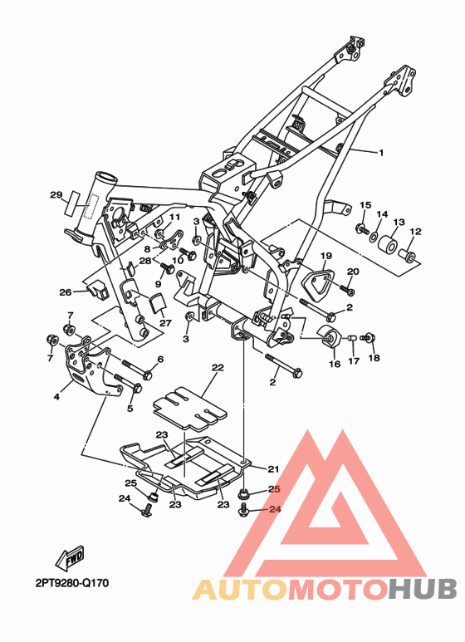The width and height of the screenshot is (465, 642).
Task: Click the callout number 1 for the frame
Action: click(x=381, y=153)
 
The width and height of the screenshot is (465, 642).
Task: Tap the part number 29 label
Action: click(x=56, y=195)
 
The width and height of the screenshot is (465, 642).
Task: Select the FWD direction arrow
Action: click(x=71, y=558)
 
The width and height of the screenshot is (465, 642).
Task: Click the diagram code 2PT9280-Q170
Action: click(x=72, y=583)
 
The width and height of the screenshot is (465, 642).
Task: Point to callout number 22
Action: click(x=218, y=368)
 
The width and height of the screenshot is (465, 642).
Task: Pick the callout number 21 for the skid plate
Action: click(x=273, y=469)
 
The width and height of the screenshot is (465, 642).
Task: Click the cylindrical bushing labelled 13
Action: click(x=387, y=244)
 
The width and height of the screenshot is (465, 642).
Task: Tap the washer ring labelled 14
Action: click(x=374, y=236)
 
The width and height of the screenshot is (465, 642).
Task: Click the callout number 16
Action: click(x=335, y=364)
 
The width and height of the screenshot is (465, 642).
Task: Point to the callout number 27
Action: click(x=165, y=323)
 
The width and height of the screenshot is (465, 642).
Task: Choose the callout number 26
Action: click(x=66, y=292)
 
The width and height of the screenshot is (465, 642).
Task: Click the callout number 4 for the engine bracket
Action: click(x=56, y=396)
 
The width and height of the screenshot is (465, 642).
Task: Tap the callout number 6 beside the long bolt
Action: click(x=160, y=359)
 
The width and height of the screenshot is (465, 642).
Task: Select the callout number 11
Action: click(x=174, y=218)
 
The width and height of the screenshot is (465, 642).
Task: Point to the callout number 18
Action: click(x=374, y=358)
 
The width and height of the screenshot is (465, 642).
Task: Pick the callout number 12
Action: click(x=415, y=232)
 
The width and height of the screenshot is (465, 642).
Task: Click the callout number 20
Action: click(x=353, y=272)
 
